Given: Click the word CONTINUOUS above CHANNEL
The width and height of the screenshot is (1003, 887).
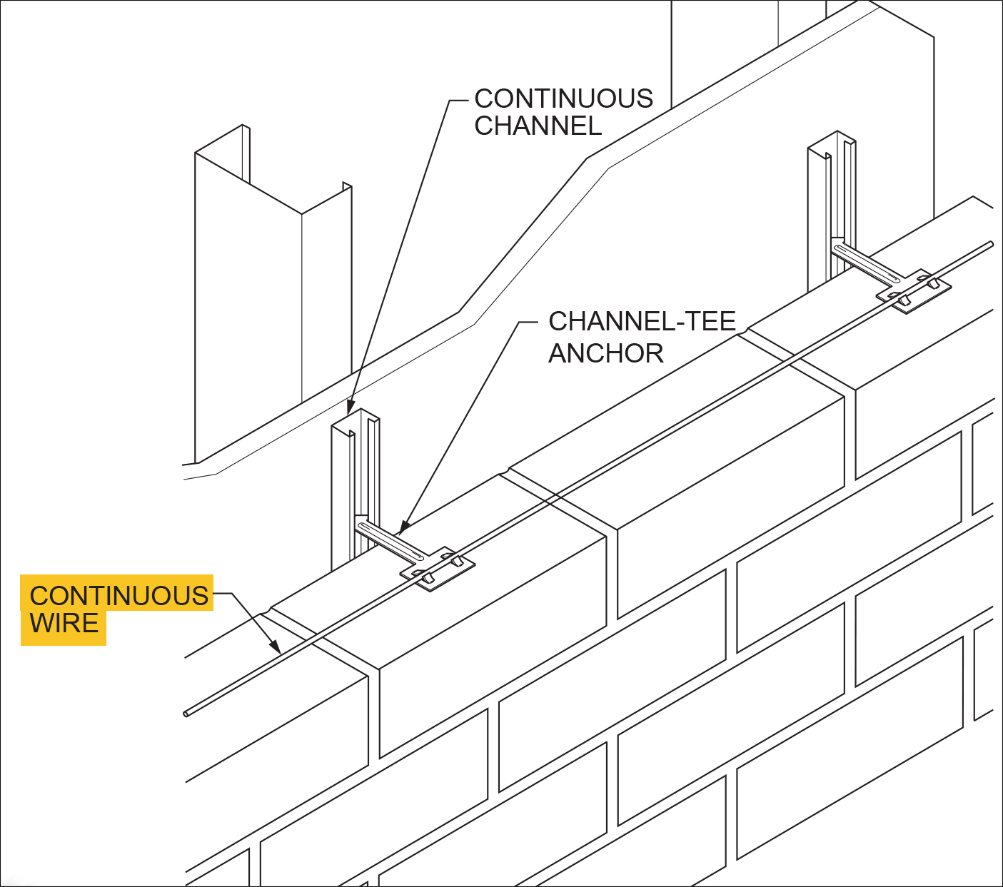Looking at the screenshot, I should coord(563,98).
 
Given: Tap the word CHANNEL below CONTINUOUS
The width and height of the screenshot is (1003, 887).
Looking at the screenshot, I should coord(538,126).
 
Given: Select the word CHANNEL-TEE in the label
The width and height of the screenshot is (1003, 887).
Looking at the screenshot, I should coord(641,321).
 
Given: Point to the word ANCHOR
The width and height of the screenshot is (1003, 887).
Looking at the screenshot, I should coord(605,353).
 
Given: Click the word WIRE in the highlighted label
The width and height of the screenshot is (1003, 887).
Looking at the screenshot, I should coord(64,624).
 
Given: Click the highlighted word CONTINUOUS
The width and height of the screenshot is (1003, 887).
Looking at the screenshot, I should coord(119,596).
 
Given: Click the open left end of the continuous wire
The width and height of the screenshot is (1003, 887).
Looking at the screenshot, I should coord(187,713).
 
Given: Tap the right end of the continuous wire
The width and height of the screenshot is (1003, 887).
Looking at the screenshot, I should coord(990,245).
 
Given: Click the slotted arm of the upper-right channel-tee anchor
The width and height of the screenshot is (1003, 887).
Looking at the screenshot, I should coord(867,263).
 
